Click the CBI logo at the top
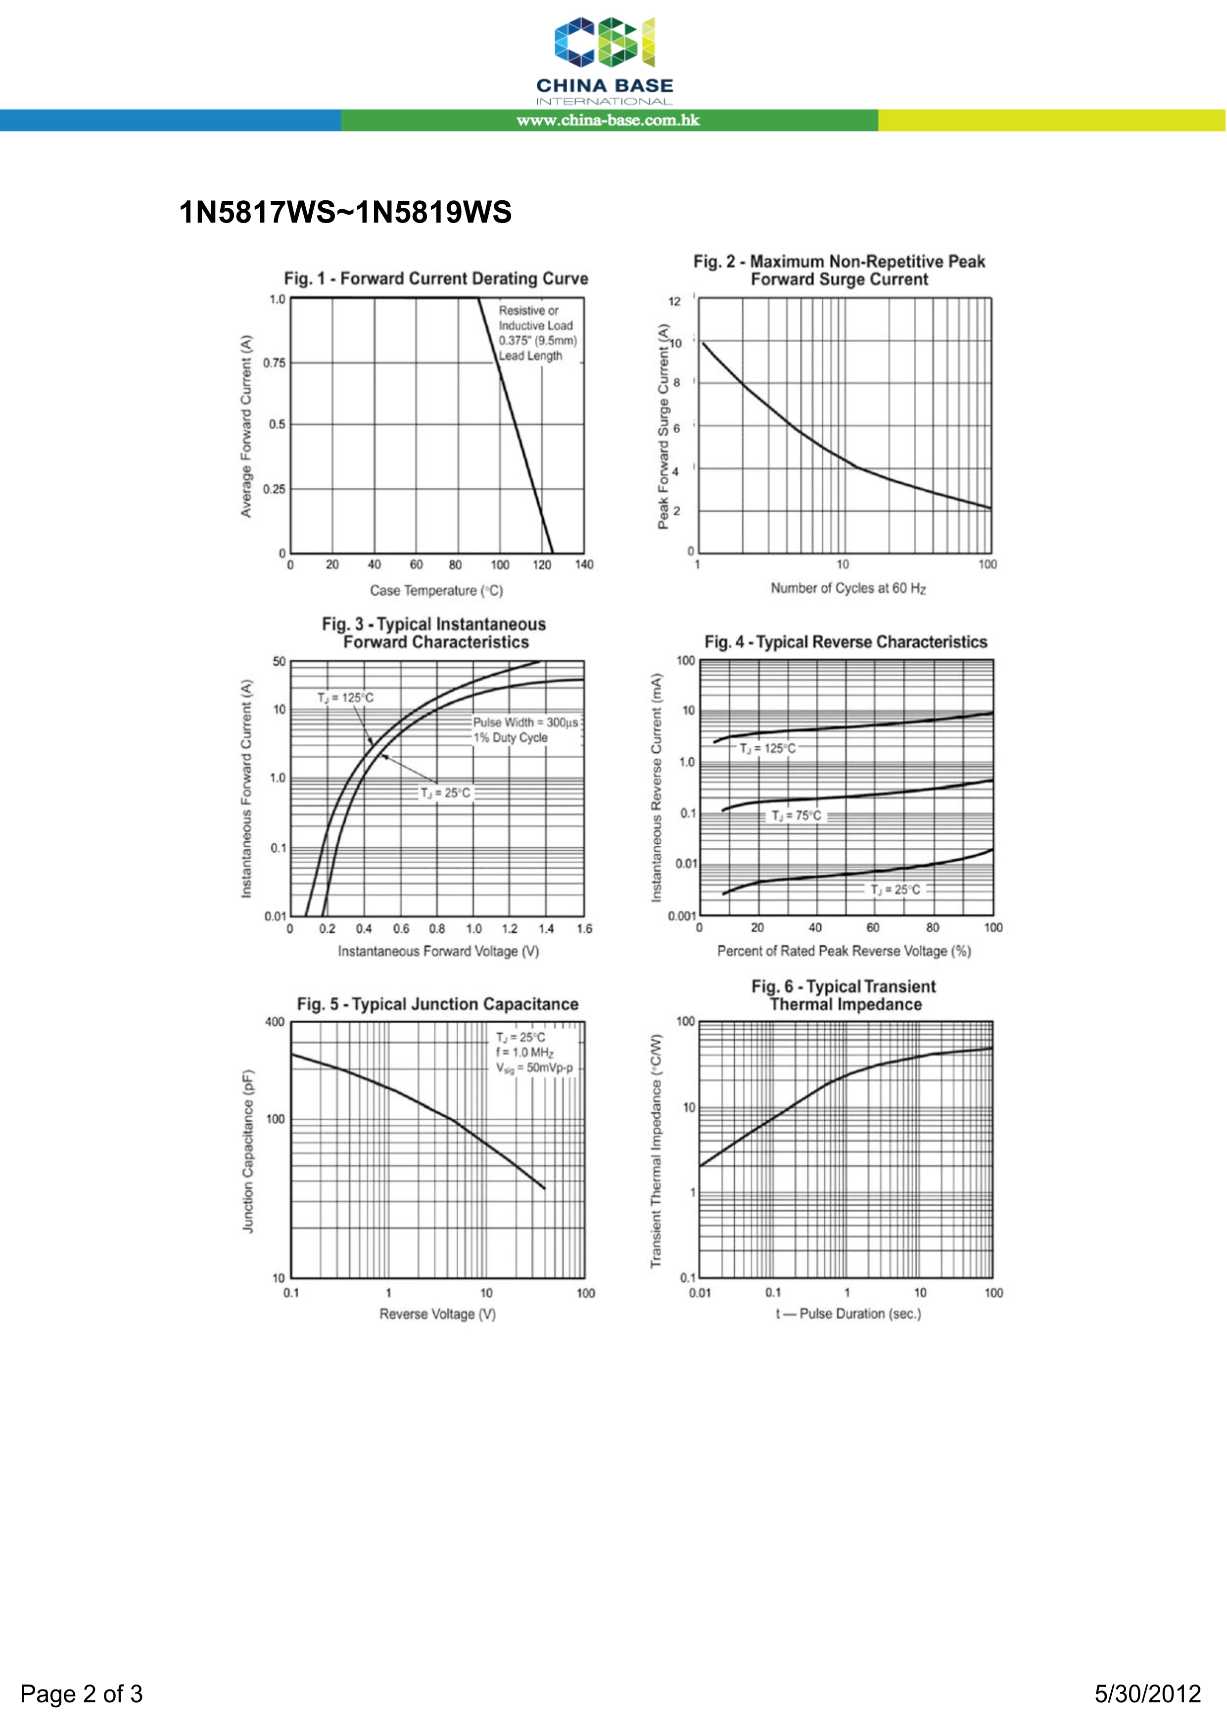click(605, 43)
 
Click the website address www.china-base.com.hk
click(608, 120)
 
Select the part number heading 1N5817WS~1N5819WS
click(345, 212)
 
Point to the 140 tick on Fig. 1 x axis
click(584, 564)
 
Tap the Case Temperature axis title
click(436, 591)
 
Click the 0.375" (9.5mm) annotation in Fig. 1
click(537, 341)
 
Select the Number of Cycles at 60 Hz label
click(848, 588)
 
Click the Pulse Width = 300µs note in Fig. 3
click(524, 723)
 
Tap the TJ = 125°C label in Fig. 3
click(345, 697)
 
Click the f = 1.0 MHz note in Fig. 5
click(524, 1052)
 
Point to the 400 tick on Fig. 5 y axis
click(275, 1022)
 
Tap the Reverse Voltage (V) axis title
click(437, 1314)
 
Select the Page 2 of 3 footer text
click(82, 1693)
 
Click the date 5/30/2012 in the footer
click(1148, 1693)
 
